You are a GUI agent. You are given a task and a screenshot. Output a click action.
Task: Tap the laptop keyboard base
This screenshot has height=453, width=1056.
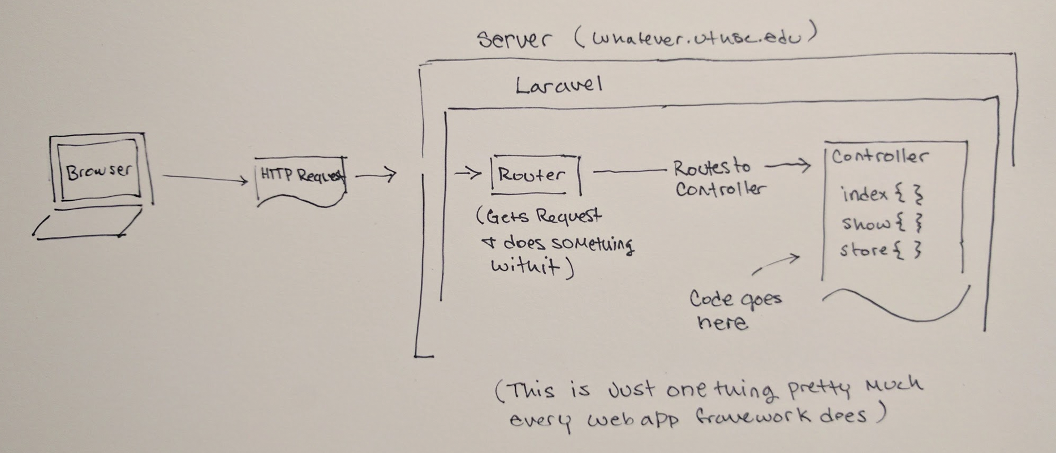(88, 224)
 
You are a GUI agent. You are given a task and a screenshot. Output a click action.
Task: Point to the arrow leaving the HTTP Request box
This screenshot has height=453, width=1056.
(375, 175)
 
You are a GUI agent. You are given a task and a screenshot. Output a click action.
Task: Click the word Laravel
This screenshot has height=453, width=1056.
(558, 85)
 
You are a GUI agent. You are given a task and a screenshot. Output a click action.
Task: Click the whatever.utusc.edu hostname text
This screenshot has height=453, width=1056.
(696, 37)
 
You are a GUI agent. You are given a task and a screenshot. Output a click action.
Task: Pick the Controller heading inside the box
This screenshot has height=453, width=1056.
(879, 157)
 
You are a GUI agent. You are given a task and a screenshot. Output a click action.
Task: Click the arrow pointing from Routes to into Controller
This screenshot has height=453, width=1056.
(788, 166)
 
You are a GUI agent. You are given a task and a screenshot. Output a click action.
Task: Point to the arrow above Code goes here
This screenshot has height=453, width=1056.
(777, 264)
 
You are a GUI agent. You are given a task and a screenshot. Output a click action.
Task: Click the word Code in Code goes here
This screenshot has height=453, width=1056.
(710, 299)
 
